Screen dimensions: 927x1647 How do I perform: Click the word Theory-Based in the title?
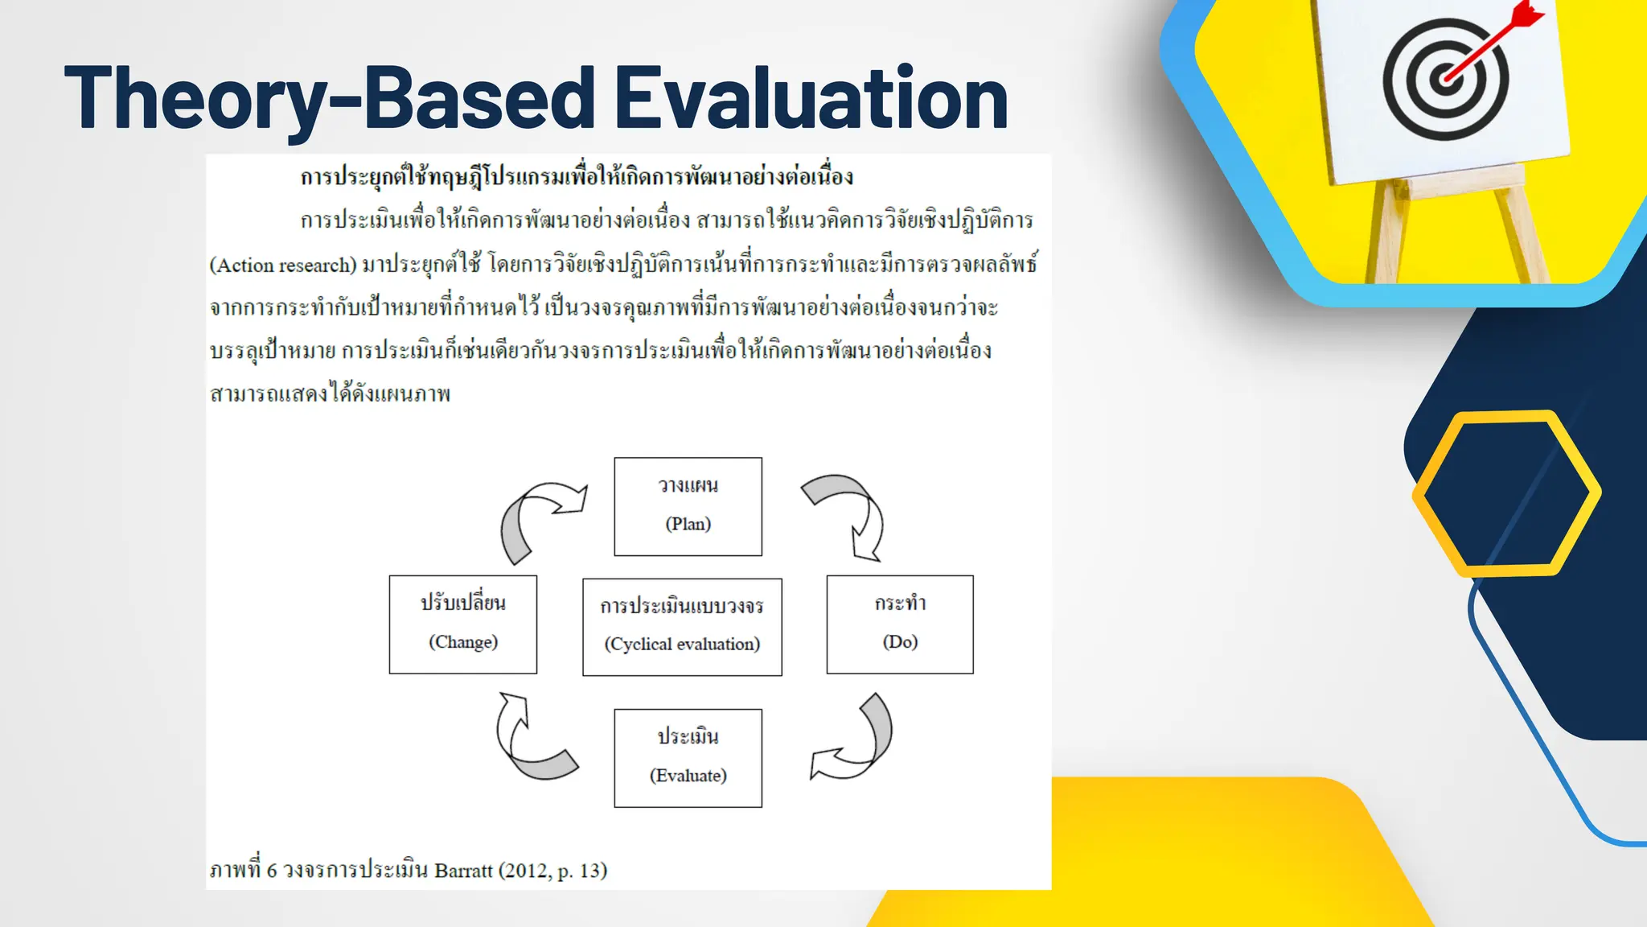coord(330,98)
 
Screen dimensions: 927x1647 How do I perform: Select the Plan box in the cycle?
coord(688,506)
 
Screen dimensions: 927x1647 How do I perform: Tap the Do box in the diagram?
coord(900,624)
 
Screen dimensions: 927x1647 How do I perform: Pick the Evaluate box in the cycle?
coord(688,758)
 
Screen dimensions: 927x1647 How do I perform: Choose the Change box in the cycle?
coord(462,624)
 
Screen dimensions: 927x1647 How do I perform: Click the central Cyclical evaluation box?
coord(682,627)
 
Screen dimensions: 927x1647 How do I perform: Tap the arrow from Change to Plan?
coord(535,515)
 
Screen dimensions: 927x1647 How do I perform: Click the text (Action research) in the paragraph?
coord(282,266)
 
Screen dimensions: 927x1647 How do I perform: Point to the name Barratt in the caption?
coord(462,871)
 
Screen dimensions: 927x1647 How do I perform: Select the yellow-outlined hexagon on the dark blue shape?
coord(1505,492)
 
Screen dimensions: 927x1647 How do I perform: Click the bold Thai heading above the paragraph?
coord(576,177)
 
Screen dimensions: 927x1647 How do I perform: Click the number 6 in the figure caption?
coord(272,871)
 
